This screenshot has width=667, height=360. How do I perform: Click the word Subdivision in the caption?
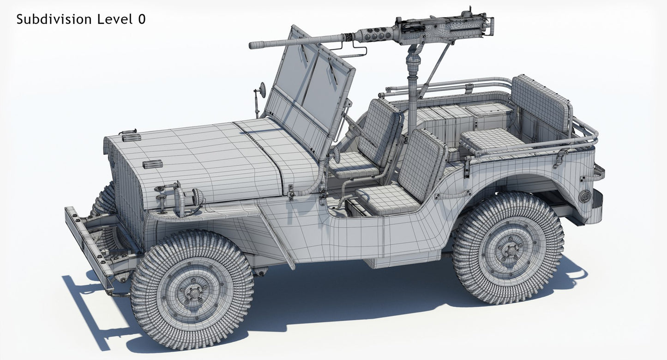(54, 19)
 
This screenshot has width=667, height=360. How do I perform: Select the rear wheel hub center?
(509, 249)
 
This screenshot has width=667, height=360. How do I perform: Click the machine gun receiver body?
(443, 26)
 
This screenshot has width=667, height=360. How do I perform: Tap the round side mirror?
(262, 90)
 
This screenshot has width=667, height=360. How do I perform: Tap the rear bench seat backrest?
(540, 104)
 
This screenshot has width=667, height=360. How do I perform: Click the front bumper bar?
(88, 249)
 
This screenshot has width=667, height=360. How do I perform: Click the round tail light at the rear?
(585, 196)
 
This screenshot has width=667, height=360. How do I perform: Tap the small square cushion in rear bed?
(489, 141)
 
